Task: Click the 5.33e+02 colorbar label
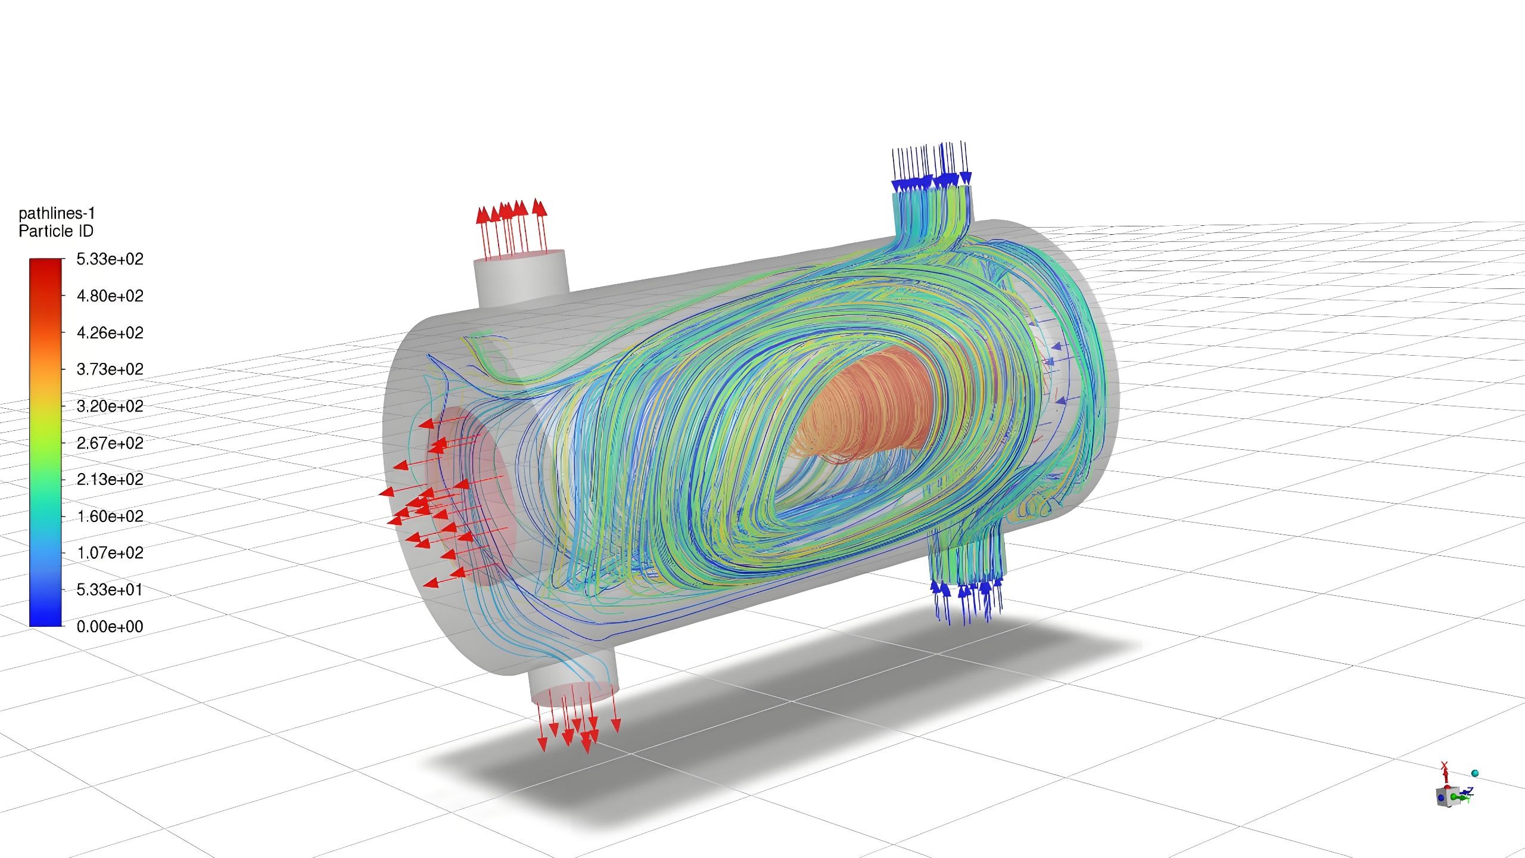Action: [110, 259]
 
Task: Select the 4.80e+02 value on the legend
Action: [110, 296]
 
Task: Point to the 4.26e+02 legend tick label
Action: [110, 332]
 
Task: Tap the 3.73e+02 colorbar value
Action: [110, 369]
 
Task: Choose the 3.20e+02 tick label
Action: [110, 406]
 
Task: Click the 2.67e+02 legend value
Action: [110, 443]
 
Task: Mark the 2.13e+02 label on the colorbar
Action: [110, 480]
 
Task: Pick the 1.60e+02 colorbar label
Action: [110, 516]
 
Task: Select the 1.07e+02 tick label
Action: [110, 553]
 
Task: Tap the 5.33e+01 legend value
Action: [110, 590]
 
